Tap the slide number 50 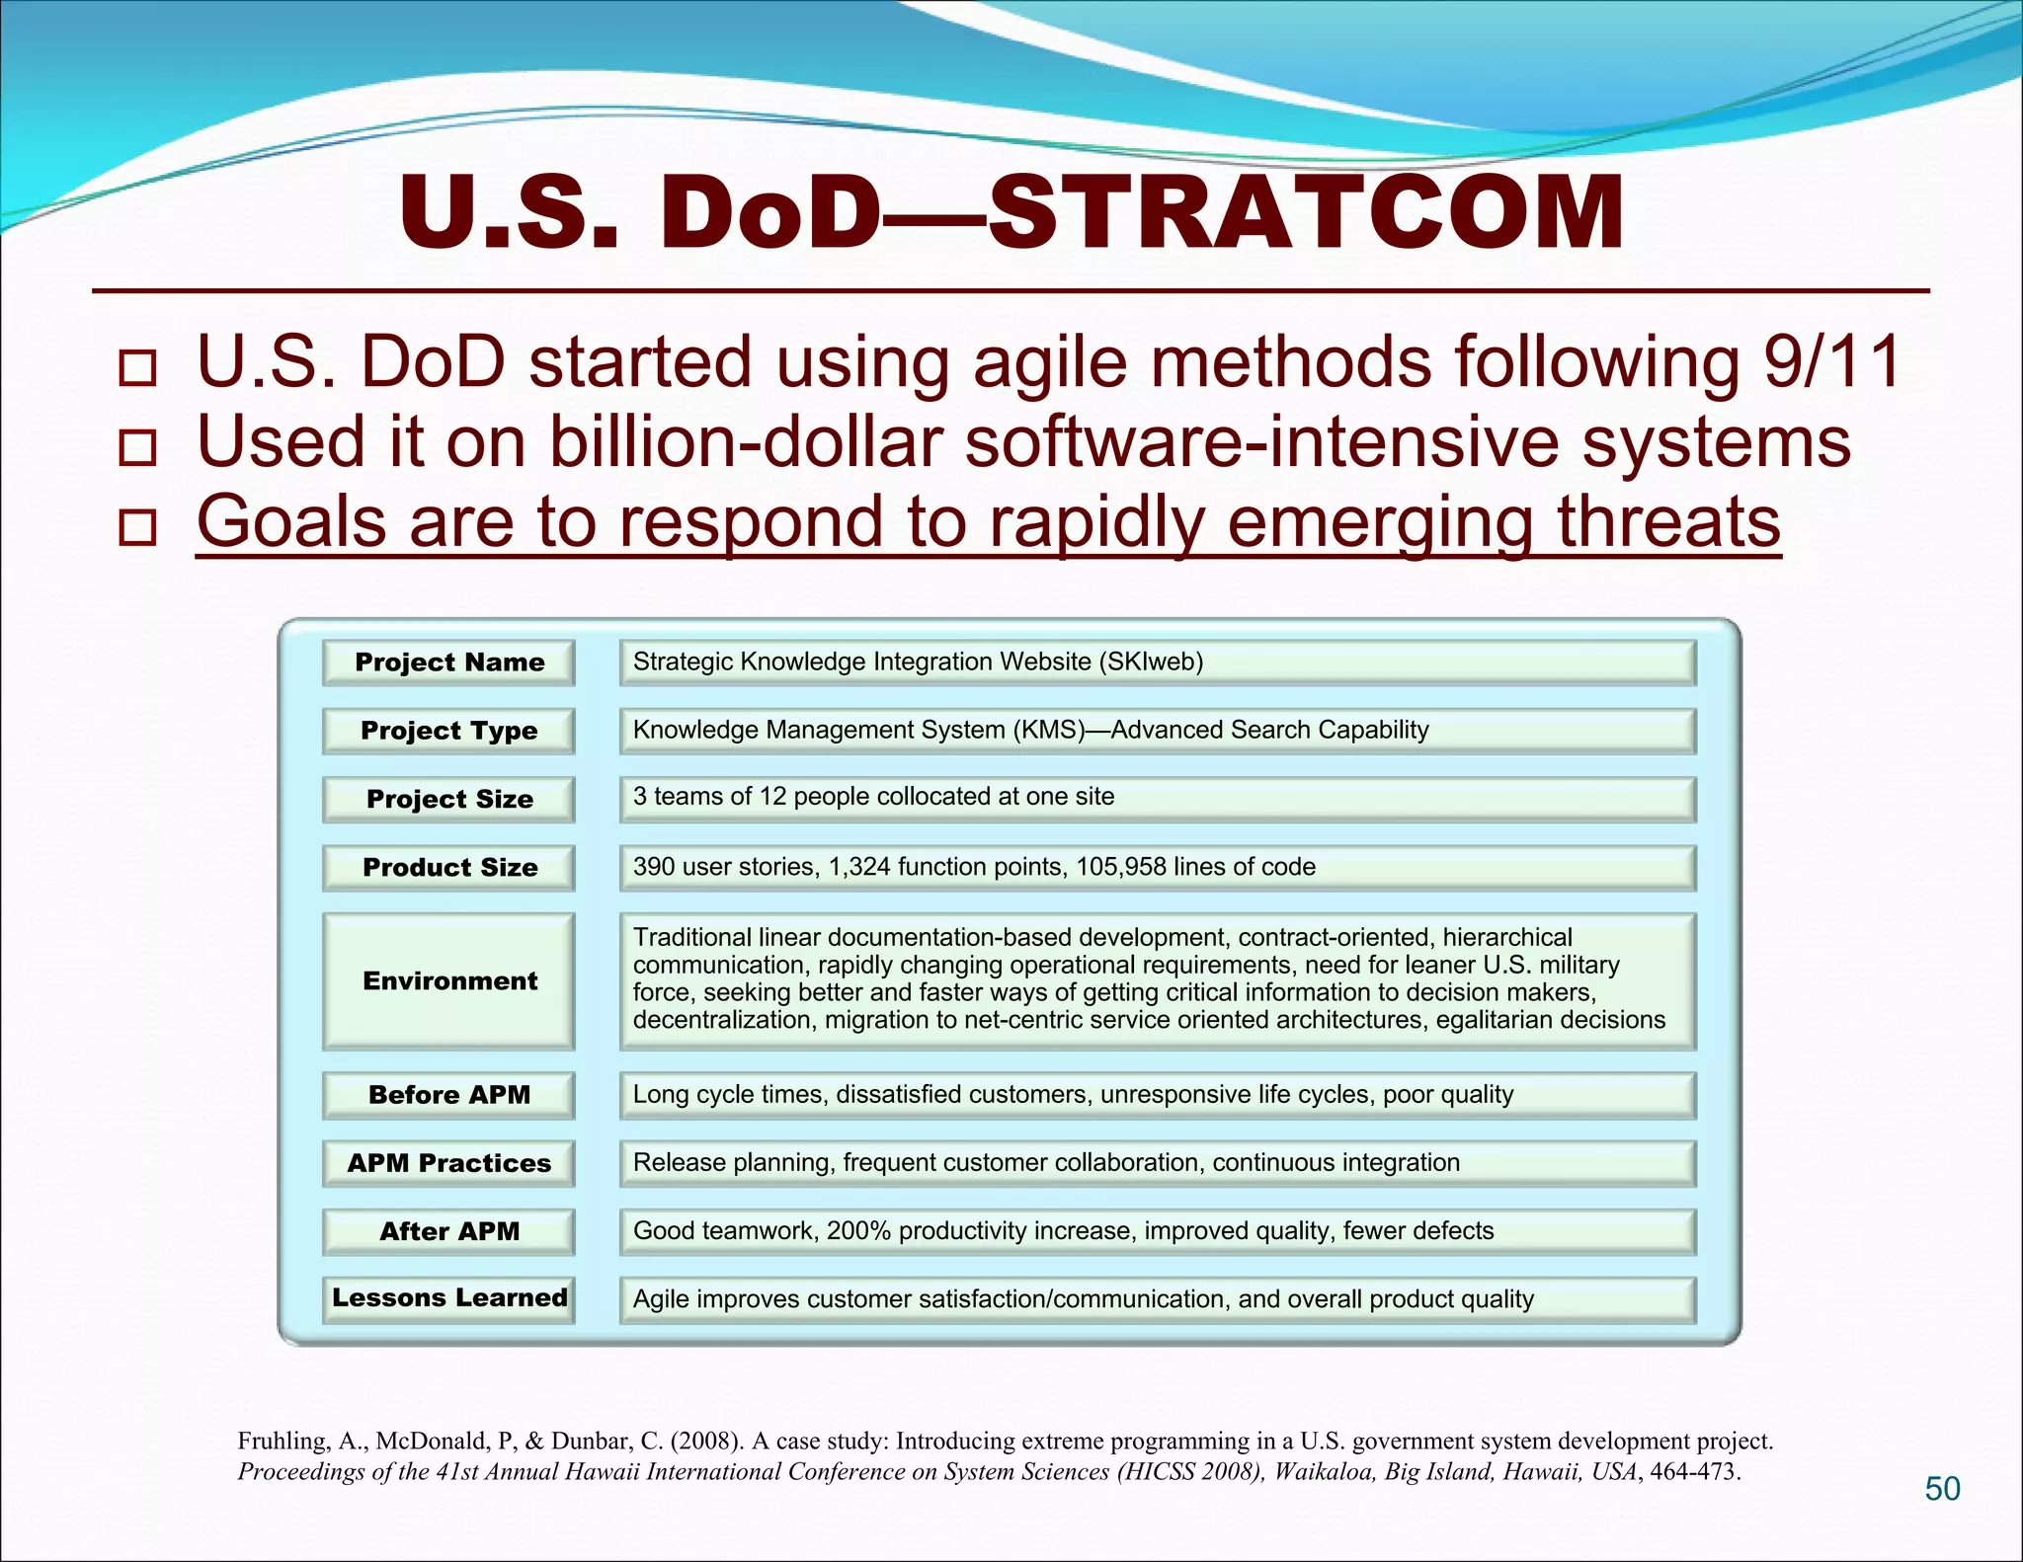tap(1942, 1488)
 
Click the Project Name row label tap(448, 663)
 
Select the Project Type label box tap(448, 731)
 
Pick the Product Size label tap(448, 867)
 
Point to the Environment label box tap(448, 980)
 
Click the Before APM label tap(448, 1095)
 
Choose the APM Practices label tap(448, 1163)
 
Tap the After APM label tap(448, 1231)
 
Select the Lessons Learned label tap(448, 1298)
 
